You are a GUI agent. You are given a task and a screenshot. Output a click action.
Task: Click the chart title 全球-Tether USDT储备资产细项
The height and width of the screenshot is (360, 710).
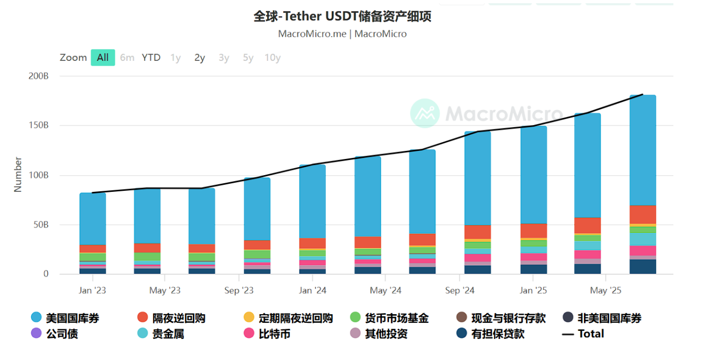coord(342,17)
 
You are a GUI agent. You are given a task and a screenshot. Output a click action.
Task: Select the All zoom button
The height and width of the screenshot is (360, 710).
coord(102,58)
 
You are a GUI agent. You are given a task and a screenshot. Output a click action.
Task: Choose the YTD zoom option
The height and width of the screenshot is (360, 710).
coord(151,58)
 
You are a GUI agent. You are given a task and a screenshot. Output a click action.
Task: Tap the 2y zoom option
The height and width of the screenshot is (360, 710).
coord(199,58)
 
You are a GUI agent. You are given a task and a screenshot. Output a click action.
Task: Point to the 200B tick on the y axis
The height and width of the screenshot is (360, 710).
coord(38,76)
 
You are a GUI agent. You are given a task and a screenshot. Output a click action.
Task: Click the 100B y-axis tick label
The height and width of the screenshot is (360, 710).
coord(38,175)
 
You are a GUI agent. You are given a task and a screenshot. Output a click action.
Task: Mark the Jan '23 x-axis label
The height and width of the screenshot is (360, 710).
coord(92,290)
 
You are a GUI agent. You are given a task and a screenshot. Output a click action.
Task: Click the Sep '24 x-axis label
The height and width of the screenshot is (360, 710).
coord(460,290)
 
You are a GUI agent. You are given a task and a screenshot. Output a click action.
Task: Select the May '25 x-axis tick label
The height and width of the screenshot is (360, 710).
coord(605,290)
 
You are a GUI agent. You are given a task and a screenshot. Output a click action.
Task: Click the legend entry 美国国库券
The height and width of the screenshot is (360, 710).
coord(72,319)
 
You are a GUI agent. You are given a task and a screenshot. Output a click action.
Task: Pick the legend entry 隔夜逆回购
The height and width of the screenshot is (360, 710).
coord(178,319)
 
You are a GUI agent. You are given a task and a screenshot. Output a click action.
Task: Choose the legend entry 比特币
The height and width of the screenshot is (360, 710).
coord(274,334)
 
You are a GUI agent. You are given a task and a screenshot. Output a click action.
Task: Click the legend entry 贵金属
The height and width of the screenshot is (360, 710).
coord(168,334)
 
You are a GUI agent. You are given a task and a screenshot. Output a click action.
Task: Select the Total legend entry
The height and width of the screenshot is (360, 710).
coord(590,334)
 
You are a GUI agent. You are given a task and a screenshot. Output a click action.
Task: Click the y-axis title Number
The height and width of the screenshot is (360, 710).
coord(18,174)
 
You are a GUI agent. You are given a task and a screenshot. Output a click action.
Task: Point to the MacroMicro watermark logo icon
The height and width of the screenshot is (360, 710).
coord(425,113)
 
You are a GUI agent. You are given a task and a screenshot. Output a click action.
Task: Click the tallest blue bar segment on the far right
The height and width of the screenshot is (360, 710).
coord(643,151)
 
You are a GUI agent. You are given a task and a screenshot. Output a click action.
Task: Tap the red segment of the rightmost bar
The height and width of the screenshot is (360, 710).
coord(643,214)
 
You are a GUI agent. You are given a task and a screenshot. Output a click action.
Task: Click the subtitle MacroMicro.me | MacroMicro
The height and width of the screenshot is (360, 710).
coord(342,34)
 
